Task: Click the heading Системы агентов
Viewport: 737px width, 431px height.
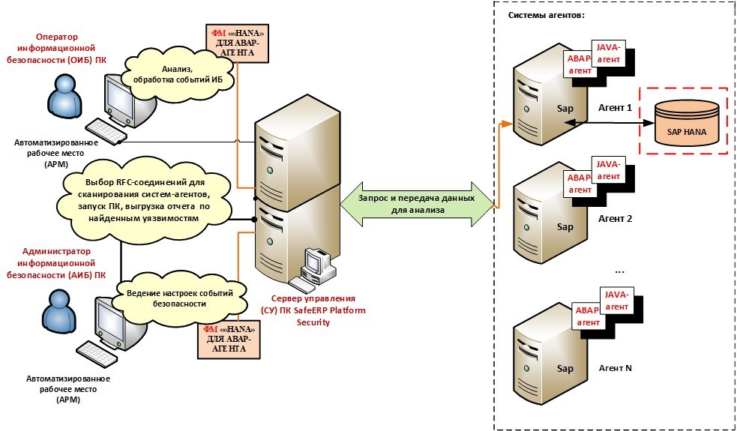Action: [546, 16]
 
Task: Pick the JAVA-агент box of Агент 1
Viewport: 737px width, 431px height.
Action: [608, 52]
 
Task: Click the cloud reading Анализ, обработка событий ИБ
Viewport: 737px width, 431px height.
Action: [178, 73]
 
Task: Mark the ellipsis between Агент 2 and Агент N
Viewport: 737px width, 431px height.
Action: [619, 268]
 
